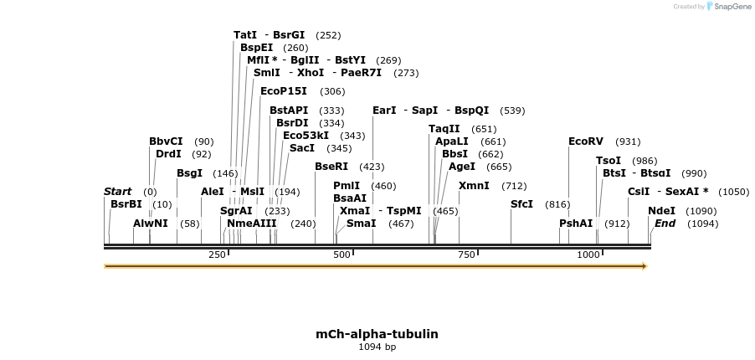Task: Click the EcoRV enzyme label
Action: (x=585, y=141)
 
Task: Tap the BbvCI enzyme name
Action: (x=166, y=141)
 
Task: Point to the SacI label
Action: (x=302, y=148)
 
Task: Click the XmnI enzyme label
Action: (x=474, y=186)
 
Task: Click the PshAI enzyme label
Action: (x=576, y=224)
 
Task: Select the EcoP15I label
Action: (x=284, y=91)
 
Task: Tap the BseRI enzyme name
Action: (x=331, y=167)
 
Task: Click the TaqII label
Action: (x=444, y=129)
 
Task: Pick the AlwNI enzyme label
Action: (x=151, y=224)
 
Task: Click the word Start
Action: (x=118, y=192)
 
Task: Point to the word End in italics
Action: (x=665, y=224)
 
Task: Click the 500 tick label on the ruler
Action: (x=342, y=255)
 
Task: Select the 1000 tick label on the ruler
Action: (x=588, y=255)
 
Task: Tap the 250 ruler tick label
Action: (x=217, y=255)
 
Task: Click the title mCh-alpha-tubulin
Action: (x=377, y=334)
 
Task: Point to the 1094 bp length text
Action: (x=377, y=347)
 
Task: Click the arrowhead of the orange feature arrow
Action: (x=645, y=266)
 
